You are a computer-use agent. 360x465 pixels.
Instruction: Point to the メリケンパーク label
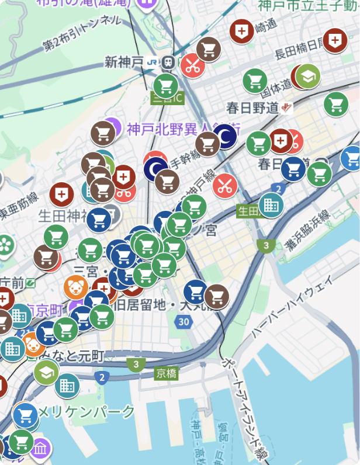86,411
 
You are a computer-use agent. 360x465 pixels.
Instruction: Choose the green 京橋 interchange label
167,373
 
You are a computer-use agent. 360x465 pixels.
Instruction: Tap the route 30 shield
184,321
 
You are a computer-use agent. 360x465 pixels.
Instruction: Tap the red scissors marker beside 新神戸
192,65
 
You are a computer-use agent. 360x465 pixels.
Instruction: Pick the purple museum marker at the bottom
40,449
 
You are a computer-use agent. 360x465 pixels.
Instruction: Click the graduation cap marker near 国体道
307,76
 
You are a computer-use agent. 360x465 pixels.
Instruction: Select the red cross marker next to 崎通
241,30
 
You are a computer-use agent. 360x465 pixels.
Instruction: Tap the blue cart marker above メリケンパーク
25,415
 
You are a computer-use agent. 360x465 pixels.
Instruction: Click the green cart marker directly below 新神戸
166,86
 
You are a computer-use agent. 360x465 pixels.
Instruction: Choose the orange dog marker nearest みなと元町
32,345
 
